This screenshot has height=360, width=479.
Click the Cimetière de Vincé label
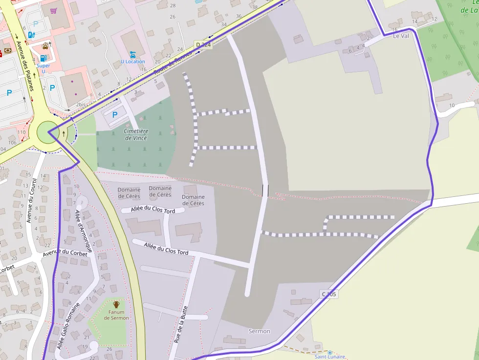tap(135, 134)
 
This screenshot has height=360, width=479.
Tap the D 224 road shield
tap(203, 45)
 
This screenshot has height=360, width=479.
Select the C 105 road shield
tap(329, 294)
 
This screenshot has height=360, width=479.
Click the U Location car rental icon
tap(133, 54)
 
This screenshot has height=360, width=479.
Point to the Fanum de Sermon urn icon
tap(116, 304)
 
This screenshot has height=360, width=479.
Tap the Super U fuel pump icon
tap(32, 35)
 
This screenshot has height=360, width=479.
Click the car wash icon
tap(45, 47)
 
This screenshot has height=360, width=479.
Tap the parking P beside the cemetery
tap(115, 115)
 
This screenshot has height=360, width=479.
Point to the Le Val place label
tap(400, 36)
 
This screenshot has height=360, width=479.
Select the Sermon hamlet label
tap(259, 331)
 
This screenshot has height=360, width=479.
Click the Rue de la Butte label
tap(181, 324)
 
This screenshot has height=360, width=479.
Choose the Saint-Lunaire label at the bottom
tap(329, 357)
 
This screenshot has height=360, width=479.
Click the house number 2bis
tap(80, 105)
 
